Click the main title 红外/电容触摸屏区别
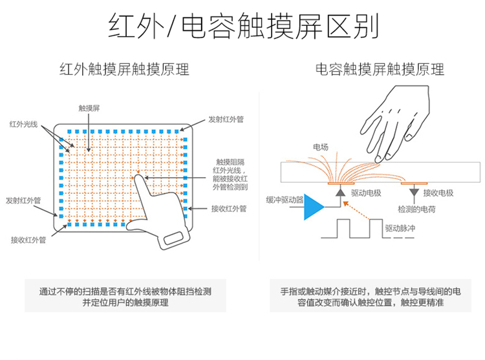click(243, 27)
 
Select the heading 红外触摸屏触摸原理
click(124, 69)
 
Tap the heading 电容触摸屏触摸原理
click(380, 69)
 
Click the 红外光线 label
click(23, 123)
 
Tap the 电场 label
click(319, 147)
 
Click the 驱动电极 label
click(365, 193)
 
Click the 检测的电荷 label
click(416, 209)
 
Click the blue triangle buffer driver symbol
click(314, 206)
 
